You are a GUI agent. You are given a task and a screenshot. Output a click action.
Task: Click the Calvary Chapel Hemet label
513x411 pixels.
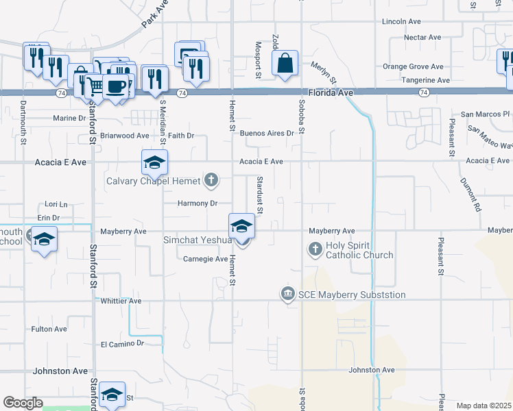[152, 181]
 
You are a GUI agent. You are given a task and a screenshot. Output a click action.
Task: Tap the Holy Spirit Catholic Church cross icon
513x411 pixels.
[315, 249]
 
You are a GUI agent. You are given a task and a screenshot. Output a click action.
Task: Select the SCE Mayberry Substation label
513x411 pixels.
[352, 295]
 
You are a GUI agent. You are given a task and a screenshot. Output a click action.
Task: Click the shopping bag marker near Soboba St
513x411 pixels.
[285, 64]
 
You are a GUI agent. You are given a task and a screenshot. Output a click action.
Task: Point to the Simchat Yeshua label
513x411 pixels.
[196, 240]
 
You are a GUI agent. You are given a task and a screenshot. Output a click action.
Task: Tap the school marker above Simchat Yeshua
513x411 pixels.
[241, 226]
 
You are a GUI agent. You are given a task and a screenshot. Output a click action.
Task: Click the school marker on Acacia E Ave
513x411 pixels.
[154, 162]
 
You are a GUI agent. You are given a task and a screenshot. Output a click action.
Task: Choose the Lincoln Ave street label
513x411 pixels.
[401, 21]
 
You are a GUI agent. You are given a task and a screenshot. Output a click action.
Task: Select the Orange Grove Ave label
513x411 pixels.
[413, 66]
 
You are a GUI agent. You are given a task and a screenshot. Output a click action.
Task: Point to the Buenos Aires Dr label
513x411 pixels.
[266, 133]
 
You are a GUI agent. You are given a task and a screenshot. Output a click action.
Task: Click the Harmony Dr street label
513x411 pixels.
[197, 203]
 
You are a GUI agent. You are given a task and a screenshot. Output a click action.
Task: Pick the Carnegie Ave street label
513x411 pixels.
[205, 259]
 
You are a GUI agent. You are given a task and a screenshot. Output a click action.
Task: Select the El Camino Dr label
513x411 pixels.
[122, 344]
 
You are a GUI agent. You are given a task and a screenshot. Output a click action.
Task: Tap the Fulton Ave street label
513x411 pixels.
[49, 329]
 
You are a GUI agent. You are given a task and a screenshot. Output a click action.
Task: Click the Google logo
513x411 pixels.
[23, 403]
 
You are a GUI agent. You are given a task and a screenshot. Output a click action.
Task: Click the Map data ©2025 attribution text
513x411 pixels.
[484, 406]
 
